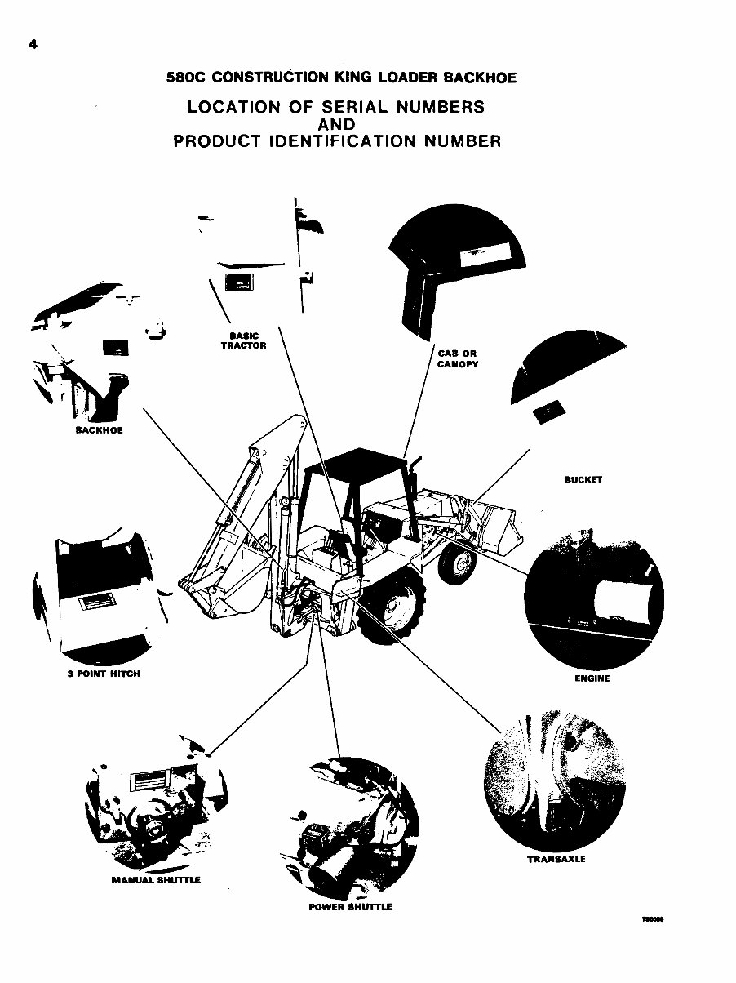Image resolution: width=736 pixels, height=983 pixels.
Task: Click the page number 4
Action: click(x=32, y=45)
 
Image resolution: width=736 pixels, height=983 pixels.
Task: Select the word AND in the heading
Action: click(x=336, y=124)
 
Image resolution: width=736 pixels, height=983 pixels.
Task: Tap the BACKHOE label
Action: click(x=99, y=430)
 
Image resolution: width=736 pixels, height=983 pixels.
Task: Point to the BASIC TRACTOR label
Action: click(x=243, y=340)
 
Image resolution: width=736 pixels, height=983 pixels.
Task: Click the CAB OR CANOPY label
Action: click(x=458, y=358)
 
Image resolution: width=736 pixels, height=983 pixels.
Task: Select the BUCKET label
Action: click(x=583, y=479)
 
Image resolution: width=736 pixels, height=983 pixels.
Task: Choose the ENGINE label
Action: click(x=592, y=678)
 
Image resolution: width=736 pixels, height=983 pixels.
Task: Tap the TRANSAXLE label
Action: click(x=556, y=859)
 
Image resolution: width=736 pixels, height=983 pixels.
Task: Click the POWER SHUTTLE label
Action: click(x=351, y=907)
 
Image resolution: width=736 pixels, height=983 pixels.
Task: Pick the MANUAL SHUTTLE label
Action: click(x=156, y=880)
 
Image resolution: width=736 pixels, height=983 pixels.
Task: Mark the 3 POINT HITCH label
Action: click(x=103, y=674)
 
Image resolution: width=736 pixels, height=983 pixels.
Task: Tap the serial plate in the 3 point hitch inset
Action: click(x=96, y=604)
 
